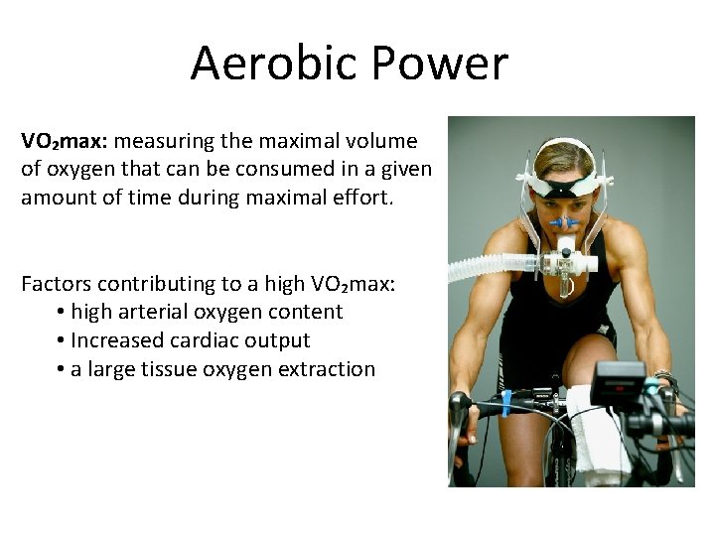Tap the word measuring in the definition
point(163,141)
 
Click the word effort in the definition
point(363,197)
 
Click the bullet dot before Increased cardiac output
point(62,340)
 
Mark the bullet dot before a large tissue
point(62,369)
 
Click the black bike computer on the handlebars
point(618,383)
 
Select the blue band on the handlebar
point(506,401)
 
